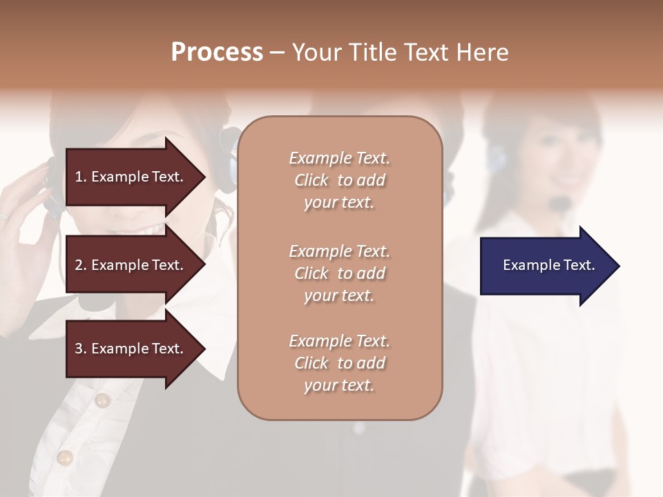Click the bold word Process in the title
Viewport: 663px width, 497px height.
[217, 52]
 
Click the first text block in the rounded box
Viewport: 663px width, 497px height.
[339, 180]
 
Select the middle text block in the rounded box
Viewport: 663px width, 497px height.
[339, 273]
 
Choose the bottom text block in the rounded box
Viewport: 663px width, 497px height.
[339, 363]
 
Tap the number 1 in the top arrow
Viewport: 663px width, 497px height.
[79, 177]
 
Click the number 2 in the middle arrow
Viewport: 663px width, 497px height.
[79, 265]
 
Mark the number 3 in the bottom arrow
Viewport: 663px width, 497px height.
[79, 349]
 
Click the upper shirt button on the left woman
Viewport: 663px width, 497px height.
[102, 400]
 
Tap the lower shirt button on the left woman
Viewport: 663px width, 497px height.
[65, 457]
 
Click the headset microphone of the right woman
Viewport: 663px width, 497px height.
[561, 202]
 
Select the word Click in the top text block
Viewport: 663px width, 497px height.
[311, 180]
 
